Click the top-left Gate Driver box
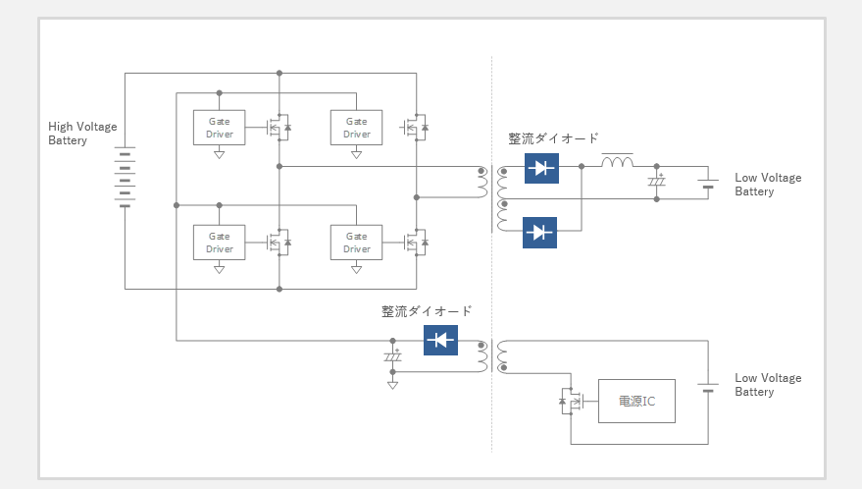coord(220,128)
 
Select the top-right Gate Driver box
coord(356,128)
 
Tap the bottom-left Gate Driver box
coord(220,243)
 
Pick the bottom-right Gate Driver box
coord(356,243)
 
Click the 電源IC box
coord(636,401)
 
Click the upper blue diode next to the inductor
coord(541,168)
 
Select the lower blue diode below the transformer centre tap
coord(539,233)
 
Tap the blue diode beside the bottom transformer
coord(441,340)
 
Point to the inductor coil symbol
coord(618,161)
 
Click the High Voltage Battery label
coord(82,134)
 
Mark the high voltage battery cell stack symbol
coord(125,177)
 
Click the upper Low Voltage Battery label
coord(768,185)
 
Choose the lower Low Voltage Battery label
coord(768,384)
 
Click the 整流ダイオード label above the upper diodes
coord(553,138)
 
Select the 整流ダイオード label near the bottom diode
coord(427,311)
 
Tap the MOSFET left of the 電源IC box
coord(571,401)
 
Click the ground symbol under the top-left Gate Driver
coord(220,155)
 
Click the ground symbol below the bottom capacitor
coord(392,385)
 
